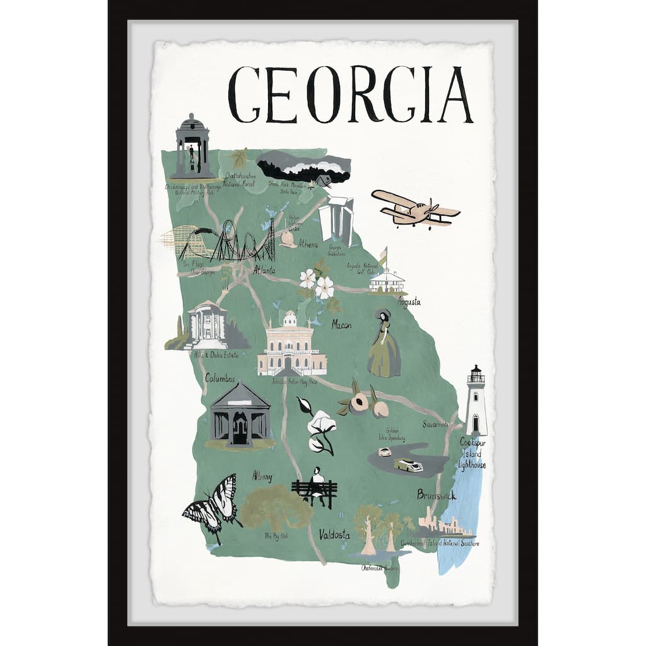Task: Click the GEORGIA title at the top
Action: point(350,95)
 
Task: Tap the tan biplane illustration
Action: point(414,209)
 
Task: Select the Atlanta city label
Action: point(264,271)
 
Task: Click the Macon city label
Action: point(341,325)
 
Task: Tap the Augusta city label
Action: point(408,302)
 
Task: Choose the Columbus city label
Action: point(220,379)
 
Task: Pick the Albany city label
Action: point(262,476)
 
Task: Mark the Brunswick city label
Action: point(436,495)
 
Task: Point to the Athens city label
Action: point(308,244)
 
